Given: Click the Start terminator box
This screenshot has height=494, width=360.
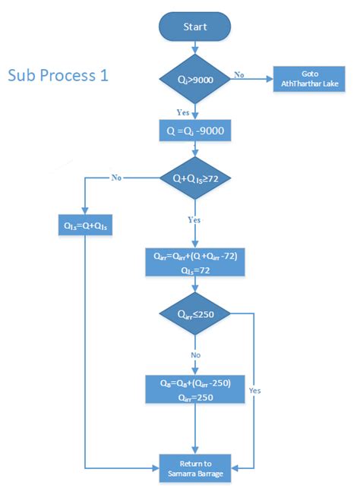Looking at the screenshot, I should tap(194, 27).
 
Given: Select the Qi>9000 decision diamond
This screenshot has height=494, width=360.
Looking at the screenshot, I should tap(194, 78).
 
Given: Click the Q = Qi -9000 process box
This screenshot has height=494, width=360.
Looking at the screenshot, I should tap(194, 131).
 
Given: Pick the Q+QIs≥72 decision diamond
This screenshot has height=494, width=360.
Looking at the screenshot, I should tap(194, 178).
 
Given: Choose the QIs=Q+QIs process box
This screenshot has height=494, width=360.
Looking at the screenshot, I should tap(86, 225).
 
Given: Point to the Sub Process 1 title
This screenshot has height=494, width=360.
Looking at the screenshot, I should tap(58, 76).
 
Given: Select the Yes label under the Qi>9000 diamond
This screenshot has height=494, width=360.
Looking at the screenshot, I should tap(183, 112).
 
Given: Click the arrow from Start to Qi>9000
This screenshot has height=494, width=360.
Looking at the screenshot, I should tap(194, 48).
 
